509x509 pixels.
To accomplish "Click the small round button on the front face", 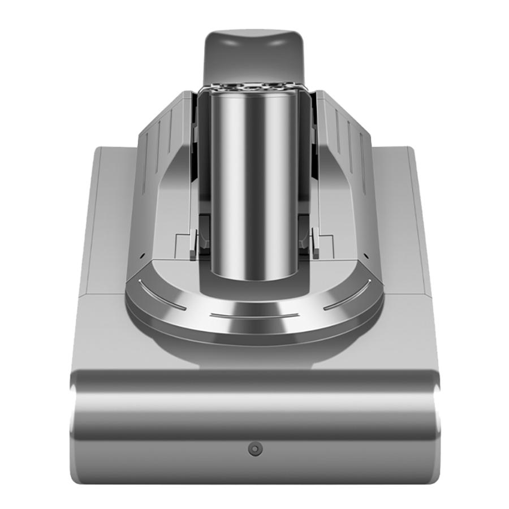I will pyautogui.click(x=255, y=449).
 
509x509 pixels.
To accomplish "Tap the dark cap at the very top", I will pyautogui.click(x=255, y=54).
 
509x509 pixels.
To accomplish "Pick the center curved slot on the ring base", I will pyautogui.click(x=255, y=315).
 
